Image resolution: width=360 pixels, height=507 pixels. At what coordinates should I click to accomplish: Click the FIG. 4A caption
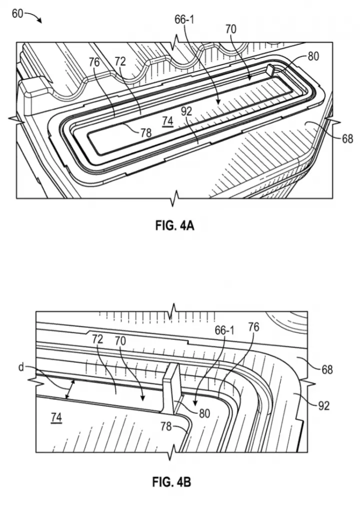pos(174,225)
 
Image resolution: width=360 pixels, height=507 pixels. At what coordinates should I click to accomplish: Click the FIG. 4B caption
pos(171,482)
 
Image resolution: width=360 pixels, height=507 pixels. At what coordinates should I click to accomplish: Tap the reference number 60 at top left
pos(18,14)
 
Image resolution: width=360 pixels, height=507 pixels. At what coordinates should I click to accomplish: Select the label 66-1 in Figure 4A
pos(184,19)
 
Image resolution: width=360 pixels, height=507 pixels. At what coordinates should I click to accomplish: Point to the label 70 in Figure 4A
pos(231,29)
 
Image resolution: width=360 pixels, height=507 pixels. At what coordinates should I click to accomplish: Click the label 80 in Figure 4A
pos(313,56)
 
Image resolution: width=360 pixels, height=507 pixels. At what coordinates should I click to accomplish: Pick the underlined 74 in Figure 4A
pos(168,121)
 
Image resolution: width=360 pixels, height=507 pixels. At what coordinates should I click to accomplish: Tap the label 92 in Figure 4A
pos(186,111)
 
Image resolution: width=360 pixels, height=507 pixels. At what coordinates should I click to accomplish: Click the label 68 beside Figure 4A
pos(347,139)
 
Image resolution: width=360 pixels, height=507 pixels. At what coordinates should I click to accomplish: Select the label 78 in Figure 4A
pos(146,132)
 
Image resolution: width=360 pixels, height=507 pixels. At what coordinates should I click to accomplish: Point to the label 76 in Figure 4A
pos(94,62)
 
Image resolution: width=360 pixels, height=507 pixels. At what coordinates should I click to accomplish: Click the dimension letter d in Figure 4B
pos(21,367)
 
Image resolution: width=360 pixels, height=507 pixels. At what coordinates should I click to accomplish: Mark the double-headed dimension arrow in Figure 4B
pos(70,389)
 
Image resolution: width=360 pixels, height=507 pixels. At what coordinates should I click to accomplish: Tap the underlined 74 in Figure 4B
pos(56,418)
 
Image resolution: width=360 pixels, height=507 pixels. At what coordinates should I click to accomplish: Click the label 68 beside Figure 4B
pos(326,369)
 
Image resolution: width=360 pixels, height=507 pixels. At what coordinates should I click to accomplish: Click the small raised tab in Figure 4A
pos(270,69)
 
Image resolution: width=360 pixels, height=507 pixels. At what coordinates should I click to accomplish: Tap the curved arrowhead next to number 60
pos(40,20)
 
